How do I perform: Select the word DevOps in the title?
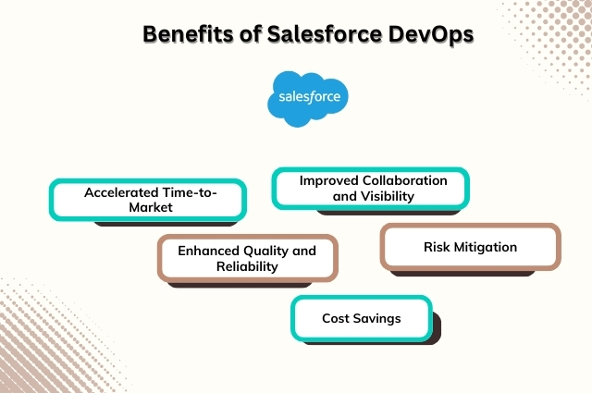425,34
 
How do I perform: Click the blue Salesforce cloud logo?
308,96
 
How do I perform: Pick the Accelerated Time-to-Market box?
148,200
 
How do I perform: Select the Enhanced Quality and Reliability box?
247,258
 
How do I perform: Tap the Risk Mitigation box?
470,247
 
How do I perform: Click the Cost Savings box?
361,318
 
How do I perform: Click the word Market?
148,208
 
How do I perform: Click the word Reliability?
247,266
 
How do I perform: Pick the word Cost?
336,318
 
